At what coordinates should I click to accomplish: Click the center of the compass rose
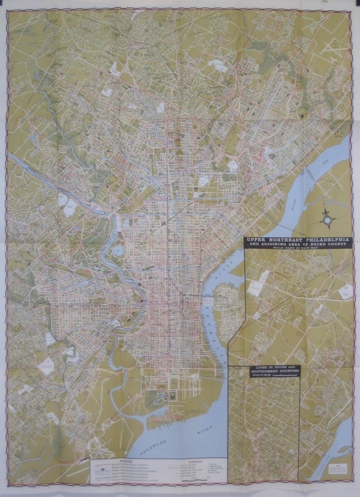pos(327,220)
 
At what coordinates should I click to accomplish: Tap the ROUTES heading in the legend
pos(126,460)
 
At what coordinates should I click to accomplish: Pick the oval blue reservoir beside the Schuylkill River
pos(116,251)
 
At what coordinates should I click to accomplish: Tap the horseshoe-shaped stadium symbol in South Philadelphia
pos(171,395)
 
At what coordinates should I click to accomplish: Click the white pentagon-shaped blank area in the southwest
pos(46,366)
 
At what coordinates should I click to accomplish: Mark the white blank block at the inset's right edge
pos(345,292)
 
